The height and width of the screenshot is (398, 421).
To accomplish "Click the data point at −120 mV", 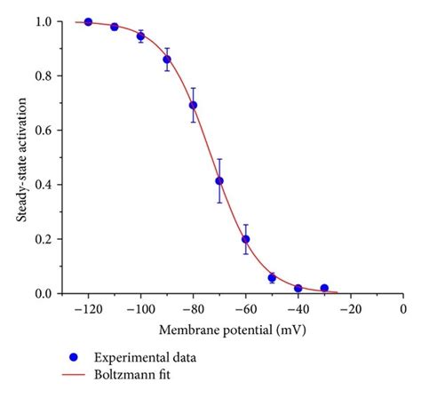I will pyautogui.click(x=88, y=22).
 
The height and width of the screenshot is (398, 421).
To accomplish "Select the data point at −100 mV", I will pyautogui.click(x=140, y=36).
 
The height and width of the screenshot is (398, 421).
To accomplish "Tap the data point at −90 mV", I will pyautogui.click(x=167, y=60).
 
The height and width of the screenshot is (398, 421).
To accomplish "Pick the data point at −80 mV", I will pyautogui.click(x=193, y=105).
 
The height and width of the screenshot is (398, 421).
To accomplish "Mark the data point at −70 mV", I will pyautogui.click(x=219, y=181).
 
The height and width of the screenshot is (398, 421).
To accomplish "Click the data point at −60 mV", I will pyautogui.click(x=246, y=239).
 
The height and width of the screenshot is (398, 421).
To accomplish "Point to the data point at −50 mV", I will pyautogui.click(x=272, y=278).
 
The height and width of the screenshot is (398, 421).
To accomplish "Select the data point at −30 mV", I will pyautogui.click(x=324, y=288).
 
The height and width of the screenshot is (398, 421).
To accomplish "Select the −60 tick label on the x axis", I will pyautogui.click(x=244, y=308).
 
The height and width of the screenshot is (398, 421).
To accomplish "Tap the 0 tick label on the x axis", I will pyautogui.click(x=403, y=308).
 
